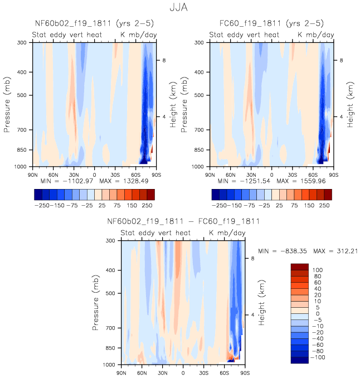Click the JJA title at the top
tap(180, 8)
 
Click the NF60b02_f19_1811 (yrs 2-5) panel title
tap(94, 23)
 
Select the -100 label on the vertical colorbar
tap(318, 357)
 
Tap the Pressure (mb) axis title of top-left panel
tap(7, 104)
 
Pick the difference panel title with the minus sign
tap(183, 221)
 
